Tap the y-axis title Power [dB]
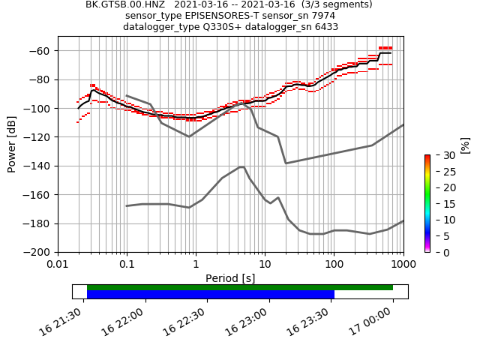pos(12,144)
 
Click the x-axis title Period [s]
pos(230,278)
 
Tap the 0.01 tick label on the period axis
pos(58,265)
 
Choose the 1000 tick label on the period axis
pos(403,265)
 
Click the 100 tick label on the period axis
pos(334,265)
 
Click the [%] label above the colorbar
pos(465,145)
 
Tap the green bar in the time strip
pos(240,287)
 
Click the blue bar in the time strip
pos(210,294)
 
